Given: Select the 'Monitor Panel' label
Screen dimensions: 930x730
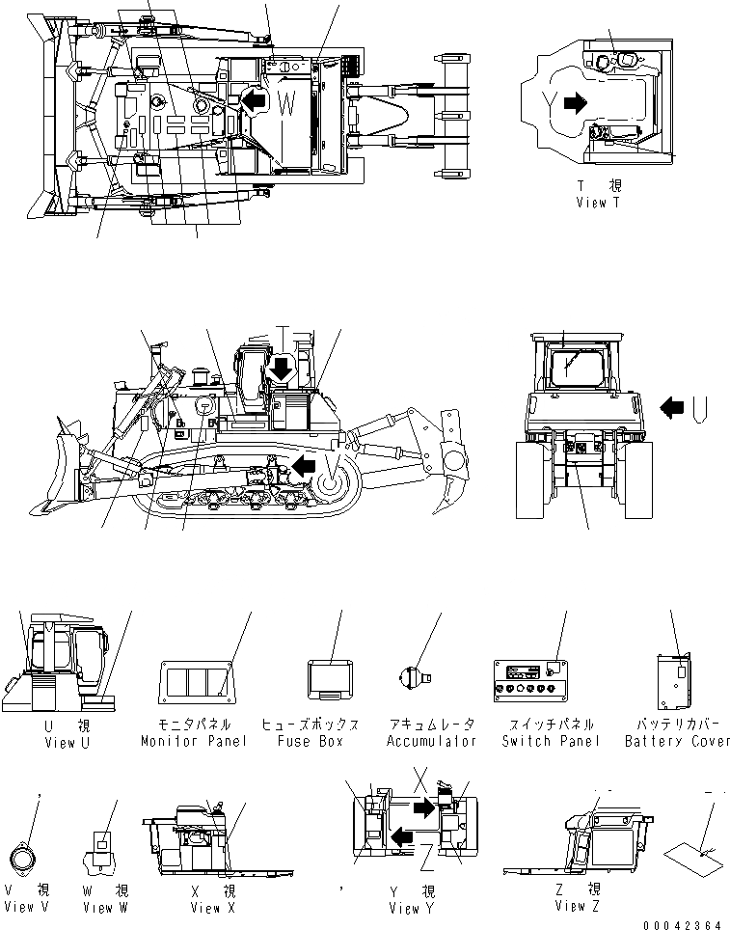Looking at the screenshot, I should coord(194,741).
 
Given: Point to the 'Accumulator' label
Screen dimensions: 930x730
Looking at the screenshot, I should coord(432,741).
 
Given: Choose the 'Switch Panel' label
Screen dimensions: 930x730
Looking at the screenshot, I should coord(551,741).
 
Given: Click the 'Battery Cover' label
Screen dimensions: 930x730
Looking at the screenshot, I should coord(677,741).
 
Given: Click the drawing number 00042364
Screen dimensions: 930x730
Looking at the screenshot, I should coord(687,923).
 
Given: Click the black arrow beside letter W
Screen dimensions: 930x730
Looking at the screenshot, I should coord(253,100).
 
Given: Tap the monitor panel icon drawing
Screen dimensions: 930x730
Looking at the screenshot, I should coord(197,681).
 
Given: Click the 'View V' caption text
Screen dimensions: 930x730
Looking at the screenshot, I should coord(32,907).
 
